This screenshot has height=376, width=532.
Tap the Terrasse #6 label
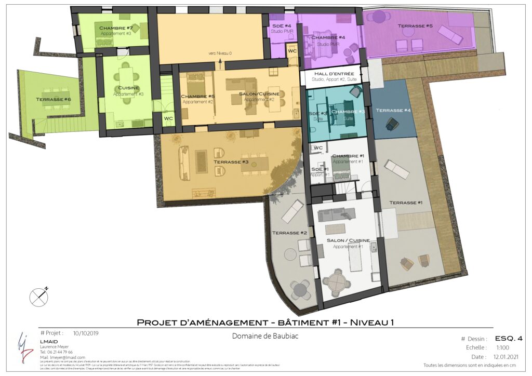tap(54, 99)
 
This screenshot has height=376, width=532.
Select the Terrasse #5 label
tap(415, 25)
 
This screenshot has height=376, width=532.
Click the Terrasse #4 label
tap(393, 110)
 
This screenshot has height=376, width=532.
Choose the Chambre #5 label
tap(197, 97)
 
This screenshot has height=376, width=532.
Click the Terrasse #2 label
tap(290, 233)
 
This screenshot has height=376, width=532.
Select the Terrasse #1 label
tap(406, 202)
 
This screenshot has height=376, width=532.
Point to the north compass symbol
tap(39, 297)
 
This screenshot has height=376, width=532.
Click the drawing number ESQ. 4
tap(508, 338)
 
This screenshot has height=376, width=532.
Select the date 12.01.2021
tap(507, 357)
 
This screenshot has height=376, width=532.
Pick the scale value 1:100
tap(503, 347)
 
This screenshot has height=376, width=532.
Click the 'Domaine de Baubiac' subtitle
tap(265, 336)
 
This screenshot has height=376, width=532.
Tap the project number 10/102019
tap(86, 333)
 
